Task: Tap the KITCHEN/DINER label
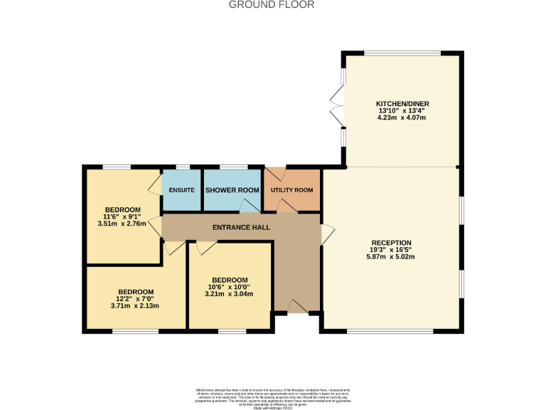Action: (402, 103)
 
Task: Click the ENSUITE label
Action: (182, 190)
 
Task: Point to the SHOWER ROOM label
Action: (232, 190)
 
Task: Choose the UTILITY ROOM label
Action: (291, 190)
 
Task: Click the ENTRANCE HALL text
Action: (242, 227)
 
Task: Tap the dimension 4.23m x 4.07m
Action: (402, 117)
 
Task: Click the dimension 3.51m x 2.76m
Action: (122, 224)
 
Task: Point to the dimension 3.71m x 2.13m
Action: (135, 306)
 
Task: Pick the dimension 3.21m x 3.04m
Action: (229, 294)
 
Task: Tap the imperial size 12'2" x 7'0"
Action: (135, 299)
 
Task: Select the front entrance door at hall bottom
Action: (297, 307)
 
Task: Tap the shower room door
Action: (249, 206)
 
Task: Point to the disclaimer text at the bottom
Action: (273, 396)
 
